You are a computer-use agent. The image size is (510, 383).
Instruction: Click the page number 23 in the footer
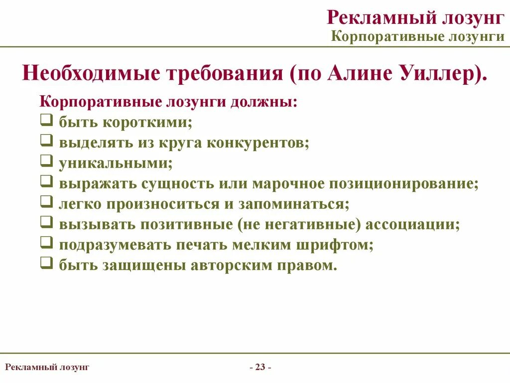point(259,368)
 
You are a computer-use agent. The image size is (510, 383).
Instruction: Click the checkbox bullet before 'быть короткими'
point(46,120)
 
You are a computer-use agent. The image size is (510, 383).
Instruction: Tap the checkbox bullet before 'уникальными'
point(46,161)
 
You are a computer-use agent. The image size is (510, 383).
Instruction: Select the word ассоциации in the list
point(412,224)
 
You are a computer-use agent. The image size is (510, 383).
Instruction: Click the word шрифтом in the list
point(338,245)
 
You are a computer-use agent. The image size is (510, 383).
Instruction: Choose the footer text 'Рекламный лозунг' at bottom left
point(47,368)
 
